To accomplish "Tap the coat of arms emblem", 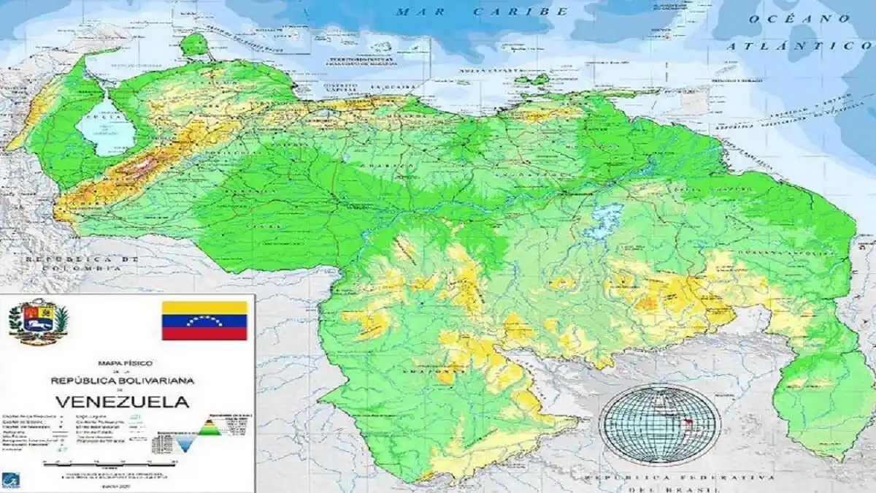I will tap(38, 322).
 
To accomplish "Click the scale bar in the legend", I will tap(109, 462).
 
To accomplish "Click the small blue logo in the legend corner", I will tap(11, 480).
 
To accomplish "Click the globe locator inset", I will tap(659, 424).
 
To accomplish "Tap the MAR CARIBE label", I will tap(483, 12).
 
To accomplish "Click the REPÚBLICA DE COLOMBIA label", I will tap(81, 264).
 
